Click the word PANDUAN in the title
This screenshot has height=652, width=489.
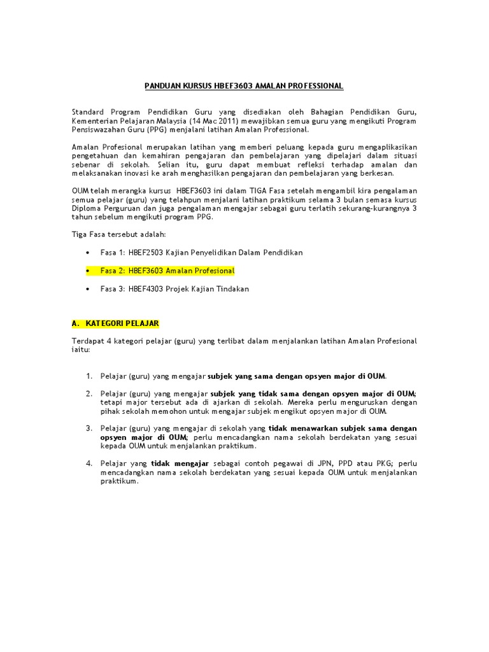pos(163,86)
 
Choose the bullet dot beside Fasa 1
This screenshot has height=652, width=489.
pos(87,253)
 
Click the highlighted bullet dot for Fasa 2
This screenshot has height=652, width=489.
pos(87,271)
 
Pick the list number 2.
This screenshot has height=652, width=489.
pos(89,394)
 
